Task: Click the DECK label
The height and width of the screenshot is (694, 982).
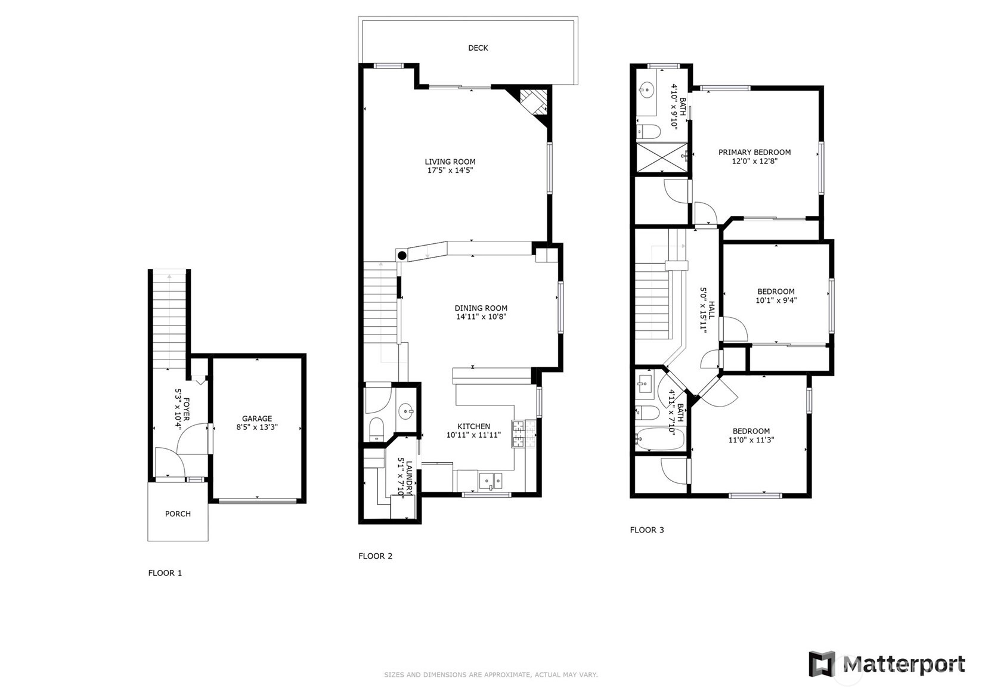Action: pos(478,48)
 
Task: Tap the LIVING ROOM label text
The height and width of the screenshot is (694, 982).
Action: pos(450,162)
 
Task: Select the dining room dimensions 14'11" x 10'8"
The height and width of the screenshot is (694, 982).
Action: pos(481,317)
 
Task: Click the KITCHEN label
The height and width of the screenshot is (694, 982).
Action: pos(473,426)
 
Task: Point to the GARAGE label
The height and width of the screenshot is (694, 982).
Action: pos(257,419)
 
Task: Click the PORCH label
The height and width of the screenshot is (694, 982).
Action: pos(178,514)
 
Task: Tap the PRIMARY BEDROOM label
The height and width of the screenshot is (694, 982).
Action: pos(754,152)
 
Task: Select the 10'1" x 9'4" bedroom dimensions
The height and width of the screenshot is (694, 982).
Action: pos(776,300)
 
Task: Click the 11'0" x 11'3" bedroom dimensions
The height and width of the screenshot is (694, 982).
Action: pos(751,440)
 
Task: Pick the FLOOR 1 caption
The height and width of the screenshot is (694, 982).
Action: pos(165,573)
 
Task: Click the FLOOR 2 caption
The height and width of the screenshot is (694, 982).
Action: pos(375,556)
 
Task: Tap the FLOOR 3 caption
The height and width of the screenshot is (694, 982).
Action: pos(647,529)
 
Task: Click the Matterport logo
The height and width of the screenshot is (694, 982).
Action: pos(887,664)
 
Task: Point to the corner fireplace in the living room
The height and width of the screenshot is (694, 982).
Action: pos(531,104)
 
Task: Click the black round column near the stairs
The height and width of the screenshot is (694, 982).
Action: pos(402,256)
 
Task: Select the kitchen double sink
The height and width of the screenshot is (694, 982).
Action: pos(491,481)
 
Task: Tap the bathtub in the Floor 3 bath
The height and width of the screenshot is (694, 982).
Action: pos(660,439)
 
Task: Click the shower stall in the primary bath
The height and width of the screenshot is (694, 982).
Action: pos(662,157)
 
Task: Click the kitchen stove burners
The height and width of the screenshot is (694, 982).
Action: pos(523,434)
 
